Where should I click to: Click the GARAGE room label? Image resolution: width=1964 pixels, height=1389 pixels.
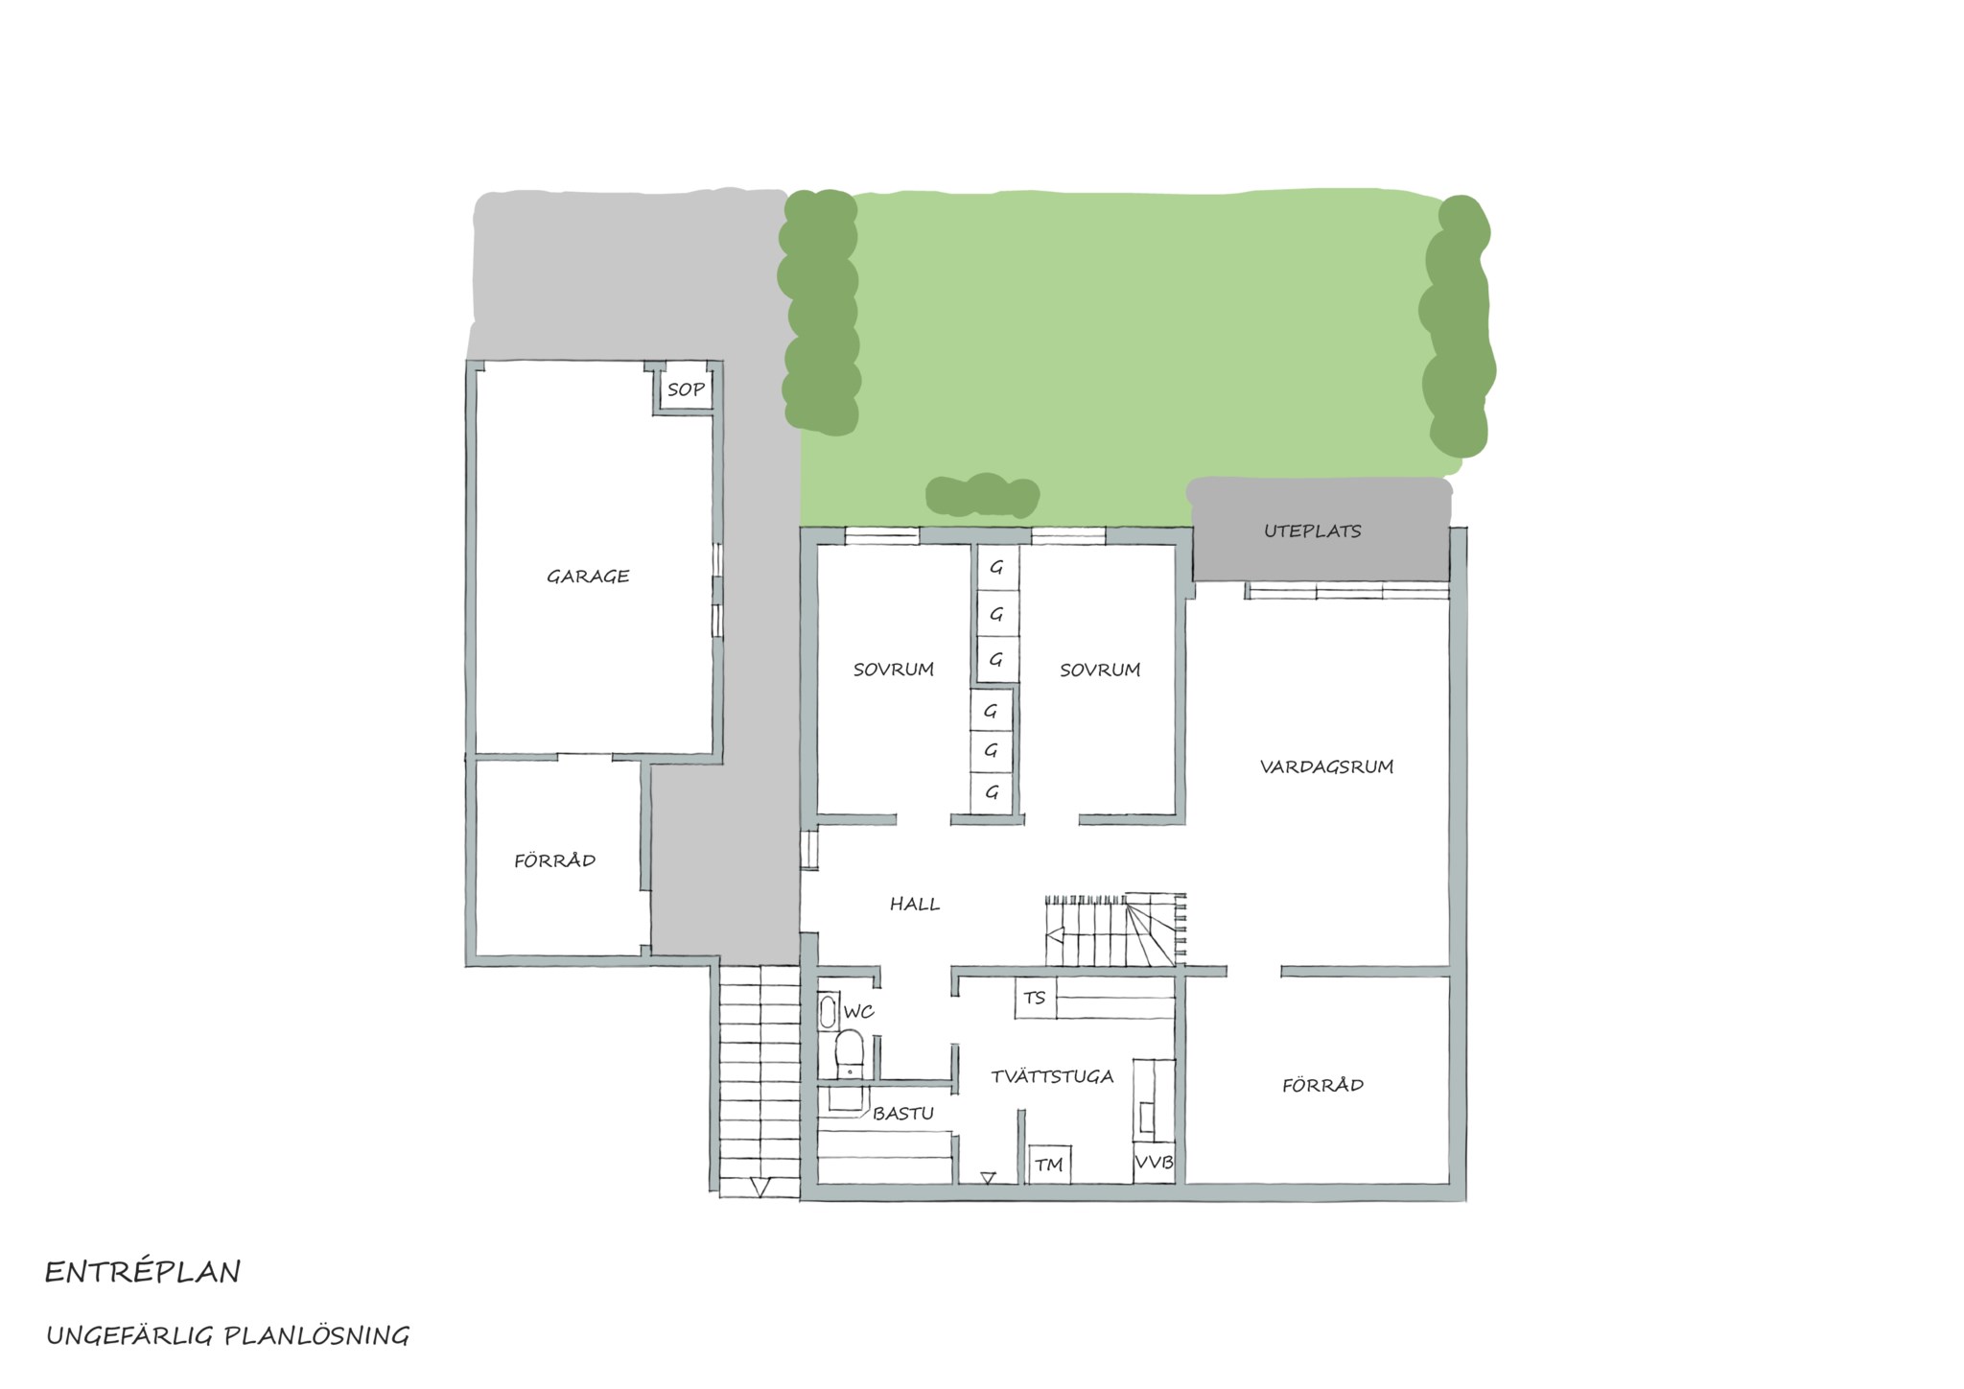588,577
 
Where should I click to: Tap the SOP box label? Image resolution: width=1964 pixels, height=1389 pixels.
686,390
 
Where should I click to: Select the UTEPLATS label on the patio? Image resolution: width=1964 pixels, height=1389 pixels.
1312,530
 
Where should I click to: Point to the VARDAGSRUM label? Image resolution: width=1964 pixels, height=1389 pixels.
1326,766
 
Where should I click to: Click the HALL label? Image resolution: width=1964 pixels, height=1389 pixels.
915,904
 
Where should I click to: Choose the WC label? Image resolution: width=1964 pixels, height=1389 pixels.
859,1011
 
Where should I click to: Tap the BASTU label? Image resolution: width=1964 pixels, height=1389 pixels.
903,1113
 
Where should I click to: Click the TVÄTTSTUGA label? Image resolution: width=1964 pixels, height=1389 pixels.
1052,1076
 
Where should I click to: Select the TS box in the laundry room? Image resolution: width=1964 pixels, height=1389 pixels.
1035,999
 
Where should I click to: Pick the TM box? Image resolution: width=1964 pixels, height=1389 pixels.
1050,1165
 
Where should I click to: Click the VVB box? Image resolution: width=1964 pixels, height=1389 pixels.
1154,1163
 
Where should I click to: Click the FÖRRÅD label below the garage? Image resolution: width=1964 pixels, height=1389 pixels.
554,860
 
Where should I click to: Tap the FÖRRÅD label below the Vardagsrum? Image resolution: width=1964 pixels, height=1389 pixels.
1322,1085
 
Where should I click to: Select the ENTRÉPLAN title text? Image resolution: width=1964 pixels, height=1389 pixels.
143,1272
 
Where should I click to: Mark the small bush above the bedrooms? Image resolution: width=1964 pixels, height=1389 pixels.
982,496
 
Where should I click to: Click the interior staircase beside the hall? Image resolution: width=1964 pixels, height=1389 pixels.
1115,931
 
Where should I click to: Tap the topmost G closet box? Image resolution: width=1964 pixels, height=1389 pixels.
997,568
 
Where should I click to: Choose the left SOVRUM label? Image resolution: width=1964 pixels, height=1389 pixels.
894,670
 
